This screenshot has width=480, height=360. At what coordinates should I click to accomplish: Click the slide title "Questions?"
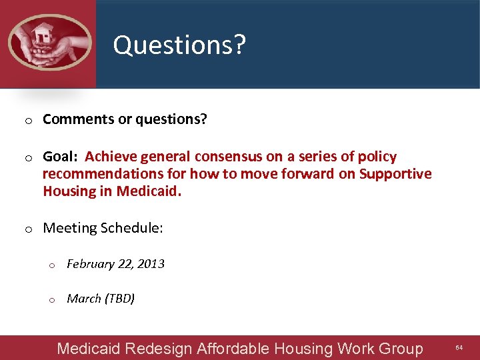[179, 45]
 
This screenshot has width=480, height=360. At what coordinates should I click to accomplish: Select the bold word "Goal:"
[61, 157]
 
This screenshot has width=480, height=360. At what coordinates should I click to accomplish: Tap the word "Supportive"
[395, 174]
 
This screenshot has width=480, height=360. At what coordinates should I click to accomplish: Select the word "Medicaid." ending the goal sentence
[149, 192]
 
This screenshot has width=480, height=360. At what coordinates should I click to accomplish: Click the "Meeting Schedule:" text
[103, 228]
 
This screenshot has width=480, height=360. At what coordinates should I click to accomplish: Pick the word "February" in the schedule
[91, 264]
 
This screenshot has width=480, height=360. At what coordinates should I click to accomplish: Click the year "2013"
[151, 264]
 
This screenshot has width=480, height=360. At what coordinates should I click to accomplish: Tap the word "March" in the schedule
[84, 299]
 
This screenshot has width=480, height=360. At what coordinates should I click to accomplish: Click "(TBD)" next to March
[120, 299]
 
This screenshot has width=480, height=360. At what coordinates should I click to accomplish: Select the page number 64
[459, 348]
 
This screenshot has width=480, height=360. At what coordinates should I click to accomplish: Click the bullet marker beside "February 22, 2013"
[53, 265]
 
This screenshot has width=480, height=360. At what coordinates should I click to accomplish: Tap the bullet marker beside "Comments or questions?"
[29, 121]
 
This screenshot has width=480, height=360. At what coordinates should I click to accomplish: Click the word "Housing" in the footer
[303, 349]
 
